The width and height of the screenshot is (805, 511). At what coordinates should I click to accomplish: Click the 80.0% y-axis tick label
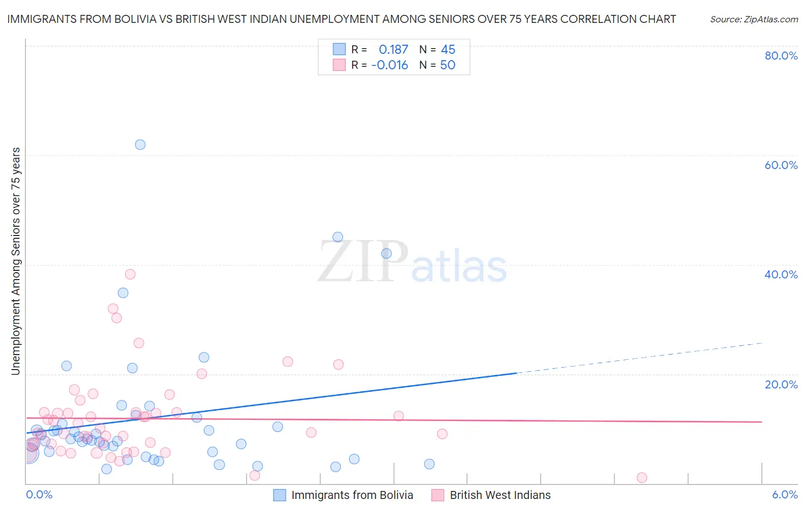[x=781, y=56]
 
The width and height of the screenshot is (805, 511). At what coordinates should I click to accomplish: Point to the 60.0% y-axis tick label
[x=781, y=165]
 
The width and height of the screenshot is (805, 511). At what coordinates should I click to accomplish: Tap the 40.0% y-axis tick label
[x=781, y=274]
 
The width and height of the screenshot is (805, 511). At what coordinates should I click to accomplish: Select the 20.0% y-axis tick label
[x=781, y=384]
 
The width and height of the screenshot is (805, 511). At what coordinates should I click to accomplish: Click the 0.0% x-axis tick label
[x=39, y=495]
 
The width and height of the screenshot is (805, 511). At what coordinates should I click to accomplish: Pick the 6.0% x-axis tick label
[x=784, y=495]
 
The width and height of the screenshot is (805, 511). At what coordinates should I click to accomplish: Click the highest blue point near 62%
[x=140, y=144]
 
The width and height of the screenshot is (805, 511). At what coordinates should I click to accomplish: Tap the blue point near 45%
[x=338, y=237]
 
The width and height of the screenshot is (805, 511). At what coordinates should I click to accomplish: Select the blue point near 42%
[x=386, y=253]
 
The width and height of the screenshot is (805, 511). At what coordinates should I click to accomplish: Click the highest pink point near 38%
[x=130, y=274]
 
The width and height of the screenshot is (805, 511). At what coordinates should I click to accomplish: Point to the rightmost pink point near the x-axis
[x=642, y=478]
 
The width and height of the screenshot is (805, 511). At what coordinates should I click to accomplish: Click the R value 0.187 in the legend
[x=393, y=50]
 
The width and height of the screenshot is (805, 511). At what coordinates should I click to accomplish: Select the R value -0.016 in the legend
[x=389, y=65]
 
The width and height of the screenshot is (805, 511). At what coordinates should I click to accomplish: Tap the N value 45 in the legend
[x=448, y=50]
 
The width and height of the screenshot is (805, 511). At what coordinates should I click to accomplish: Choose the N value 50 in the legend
[x=448, y=65]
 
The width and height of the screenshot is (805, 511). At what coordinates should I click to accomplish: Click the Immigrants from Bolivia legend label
[x=352, y=495]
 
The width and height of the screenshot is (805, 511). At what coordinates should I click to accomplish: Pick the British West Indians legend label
[x=500, y=495]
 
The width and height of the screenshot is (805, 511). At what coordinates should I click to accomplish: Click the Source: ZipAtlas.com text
[x=753, y=19]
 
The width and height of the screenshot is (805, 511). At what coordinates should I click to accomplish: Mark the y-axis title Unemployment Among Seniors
[x=16, y=261]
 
